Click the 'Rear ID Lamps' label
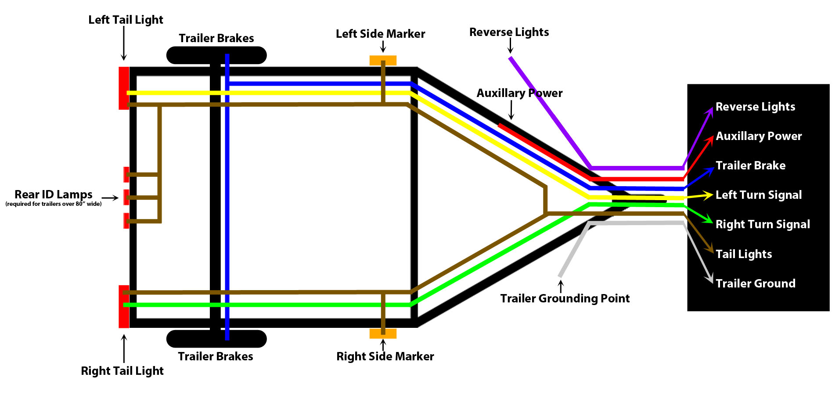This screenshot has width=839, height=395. coord(54,194)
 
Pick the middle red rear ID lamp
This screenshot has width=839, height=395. coord(126,197)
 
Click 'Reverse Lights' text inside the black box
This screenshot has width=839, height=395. coord(755,107)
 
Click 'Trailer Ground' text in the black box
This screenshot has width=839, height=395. coord(755,284)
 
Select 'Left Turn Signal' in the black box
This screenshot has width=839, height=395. coord(758,195)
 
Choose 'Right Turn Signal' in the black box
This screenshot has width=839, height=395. coord(762,224)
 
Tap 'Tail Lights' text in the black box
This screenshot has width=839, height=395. coord(743,254)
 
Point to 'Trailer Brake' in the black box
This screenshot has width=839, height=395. coord(750,165)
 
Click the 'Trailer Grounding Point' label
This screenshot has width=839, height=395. coord(565,298)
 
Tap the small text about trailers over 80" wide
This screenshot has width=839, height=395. coord(54,204)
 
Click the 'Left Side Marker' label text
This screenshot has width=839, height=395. coord(380,34)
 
